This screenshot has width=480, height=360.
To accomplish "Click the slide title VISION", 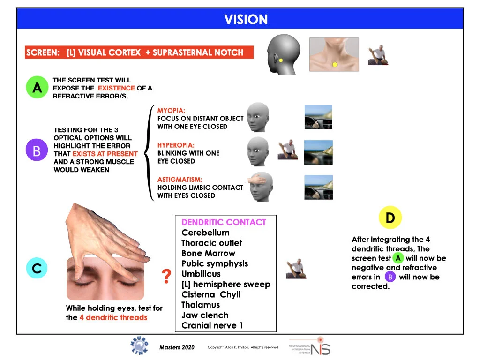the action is [x=246, y=20].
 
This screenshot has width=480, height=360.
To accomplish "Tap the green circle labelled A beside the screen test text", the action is [x=37, y=88].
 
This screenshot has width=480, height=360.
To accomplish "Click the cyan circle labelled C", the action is [x=37, y=268].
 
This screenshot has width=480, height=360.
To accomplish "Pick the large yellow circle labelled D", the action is [x=390, y=217].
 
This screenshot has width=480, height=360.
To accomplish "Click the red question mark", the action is [x=166, y=277].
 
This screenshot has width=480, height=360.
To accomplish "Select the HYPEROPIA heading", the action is [x=176, y=145].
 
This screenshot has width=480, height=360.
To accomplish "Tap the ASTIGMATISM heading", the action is [x=180, y=180].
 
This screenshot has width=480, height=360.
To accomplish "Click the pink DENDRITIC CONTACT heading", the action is [x=224, y=222].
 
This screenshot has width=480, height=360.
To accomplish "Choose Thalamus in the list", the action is [x=201, y=305].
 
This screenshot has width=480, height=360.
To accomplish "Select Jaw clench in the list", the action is [x=205, y=315].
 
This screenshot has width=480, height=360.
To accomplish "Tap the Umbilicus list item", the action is [x=201, y=274].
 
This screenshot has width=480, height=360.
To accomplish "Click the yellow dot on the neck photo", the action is [x=335, y=64].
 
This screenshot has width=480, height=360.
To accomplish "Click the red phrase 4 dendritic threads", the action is [x=113, y=317].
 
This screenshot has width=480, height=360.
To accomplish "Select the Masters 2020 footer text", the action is [x=177, y=347].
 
